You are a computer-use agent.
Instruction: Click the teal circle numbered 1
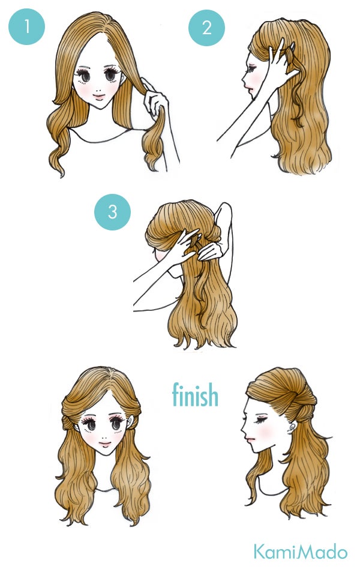tap(26, 26)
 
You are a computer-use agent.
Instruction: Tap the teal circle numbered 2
tap(206, 28)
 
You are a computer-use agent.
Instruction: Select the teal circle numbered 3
tap(112, 212)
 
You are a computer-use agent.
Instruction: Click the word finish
tap(195, 394)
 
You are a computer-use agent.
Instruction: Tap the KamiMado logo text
tap(300, 552)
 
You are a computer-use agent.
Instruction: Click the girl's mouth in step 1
tap(98, 97)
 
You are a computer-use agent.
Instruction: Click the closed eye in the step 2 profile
tap(251, 68)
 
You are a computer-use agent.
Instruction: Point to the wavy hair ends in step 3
tap(203, 339)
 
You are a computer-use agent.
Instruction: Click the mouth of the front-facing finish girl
tap(104, 444)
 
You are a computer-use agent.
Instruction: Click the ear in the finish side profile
tap(292, 427)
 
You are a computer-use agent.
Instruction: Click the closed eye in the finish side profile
tap(260, 419)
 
